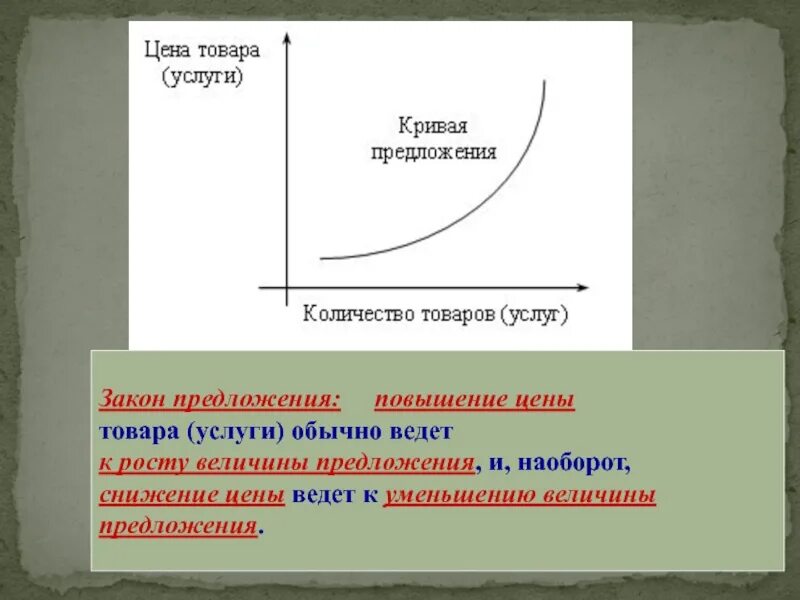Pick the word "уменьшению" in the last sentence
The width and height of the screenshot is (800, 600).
coord(450,496)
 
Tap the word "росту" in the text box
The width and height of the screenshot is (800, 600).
coord(151,464)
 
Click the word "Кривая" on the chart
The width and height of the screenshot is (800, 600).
coord(434,127)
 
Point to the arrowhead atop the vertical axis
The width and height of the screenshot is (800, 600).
coord(287,36)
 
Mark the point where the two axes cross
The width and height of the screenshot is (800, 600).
coord(287,288)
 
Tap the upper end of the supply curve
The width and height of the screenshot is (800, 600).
coord(545,81)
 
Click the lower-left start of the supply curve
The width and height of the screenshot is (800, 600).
coord(322,258)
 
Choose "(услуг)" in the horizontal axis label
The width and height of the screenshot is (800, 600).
coord(536,314)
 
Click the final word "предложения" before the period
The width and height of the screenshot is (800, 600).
coord(178,527)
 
